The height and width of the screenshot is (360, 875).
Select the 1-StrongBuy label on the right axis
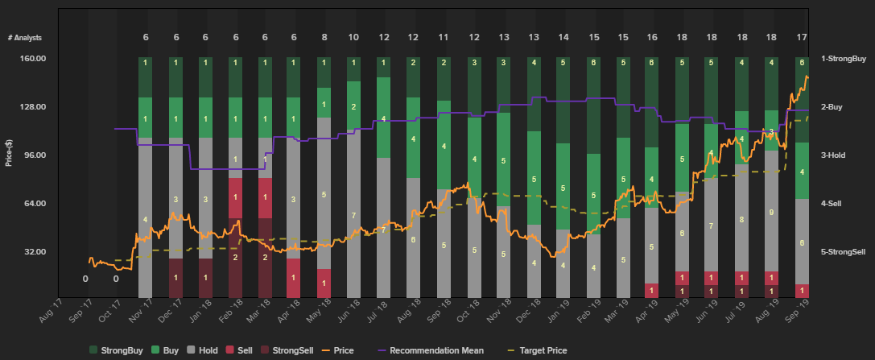click(843, 59)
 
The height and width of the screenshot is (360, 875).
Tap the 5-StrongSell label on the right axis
click(843, 252)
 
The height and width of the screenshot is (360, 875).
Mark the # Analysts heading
click(24, 38)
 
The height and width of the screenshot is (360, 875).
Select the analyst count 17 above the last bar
click(802, 38)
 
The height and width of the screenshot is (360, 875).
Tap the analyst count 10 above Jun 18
click(353, 38)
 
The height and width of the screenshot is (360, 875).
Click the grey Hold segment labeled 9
click(771, 213)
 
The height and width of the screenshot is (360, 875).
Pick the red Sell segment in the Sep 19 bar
click(802, 290)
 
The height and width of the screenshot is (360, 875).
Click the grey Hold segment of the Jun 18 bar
click(353, 216)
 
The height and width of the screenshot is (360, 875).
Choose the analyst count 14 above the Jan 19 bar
click(563, 38)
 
